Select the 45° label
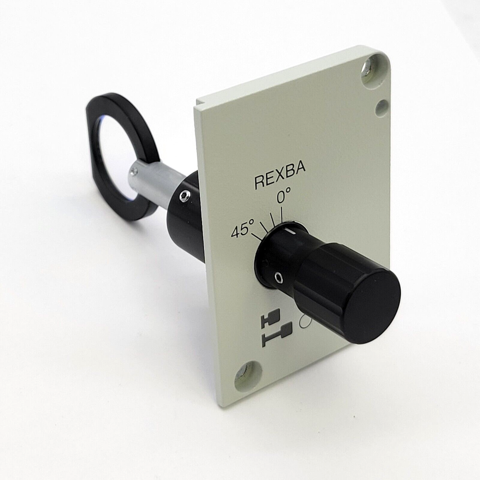(x=242, y=231)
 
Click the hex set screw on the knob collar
(x=278, y=277)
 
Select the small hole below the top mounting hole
(x=382, y=108)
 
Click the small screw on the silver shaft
(x=134, y=170)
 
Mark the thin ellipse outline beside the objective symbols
(x=304, y=323)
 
